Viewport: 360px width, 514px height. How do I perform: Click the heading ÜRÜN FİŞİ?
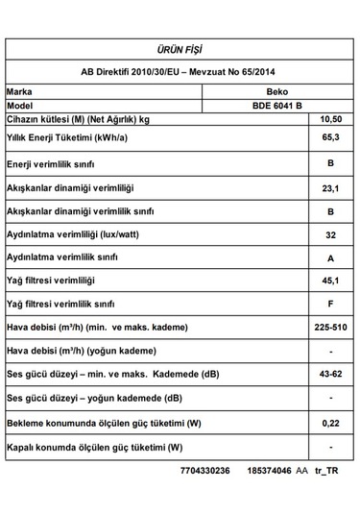coord(180,49)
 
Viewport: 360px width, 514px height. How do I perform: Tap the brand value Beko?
coord(276,90)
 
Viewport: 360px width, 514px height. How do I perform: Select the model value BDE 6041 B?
coord(276,105)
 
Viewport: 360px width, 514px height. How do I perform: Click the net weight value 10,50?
coord(329,119)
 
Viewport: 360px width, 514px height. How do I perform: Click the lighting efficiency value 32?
coord(329,234)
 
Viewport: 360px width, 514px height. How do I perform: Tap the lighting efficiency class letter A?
coord(329,257)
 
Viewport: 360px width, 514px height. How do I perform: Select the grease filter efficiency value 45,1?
coord(329,281)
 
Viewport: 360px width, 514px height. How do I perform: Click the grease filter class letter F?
coord(329,304)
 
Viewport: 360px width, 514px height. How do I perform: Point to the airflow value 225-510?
coord(329,328)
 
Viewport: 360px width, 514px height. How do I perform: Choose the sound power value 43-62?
coord(329,374)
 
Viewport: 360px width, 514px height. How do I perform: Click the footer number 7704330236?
coord(204,472)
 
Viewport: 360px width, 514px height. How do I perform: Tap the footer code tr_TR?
coord(326,472)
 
